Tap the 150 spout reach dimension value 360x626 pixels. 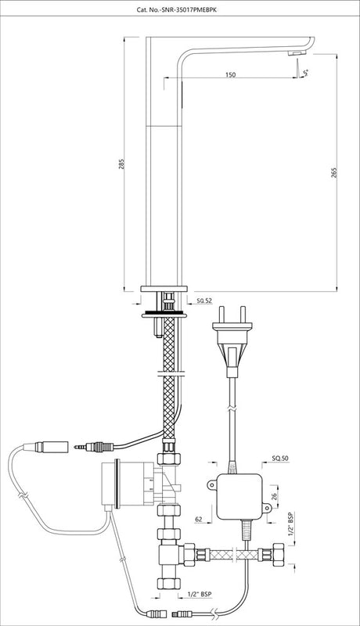click(x=230, y=74)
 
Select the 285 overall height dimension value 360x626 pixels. click(x=122, y=164)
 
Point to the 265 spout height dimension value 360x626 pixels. click(x=334, y=172)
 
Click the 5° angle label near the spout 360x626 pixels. click(x=306, y=73)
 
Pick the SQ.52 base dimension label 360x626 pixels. click(x=204, y=300)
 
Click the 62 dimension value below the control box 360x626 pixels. click(x=199, y=519)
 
